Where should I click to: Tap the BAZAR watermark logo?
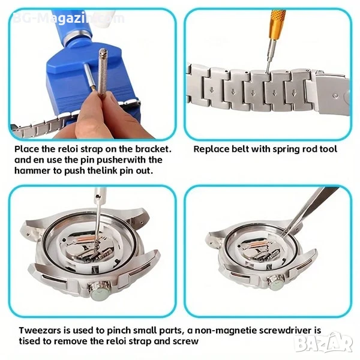click(x=324, y=343)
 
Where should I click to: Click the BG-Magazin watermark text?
click(x=68, y=18)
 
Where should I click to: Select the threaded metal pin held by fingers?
click(x=103, y=71)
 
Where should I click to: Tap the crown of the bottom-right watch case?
click(x=277, y=283)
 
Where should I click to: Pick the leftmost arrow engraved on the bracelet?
click(x=211, y=90)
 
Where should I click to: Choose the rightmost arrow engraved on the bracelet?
click(x=294, y=93)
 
